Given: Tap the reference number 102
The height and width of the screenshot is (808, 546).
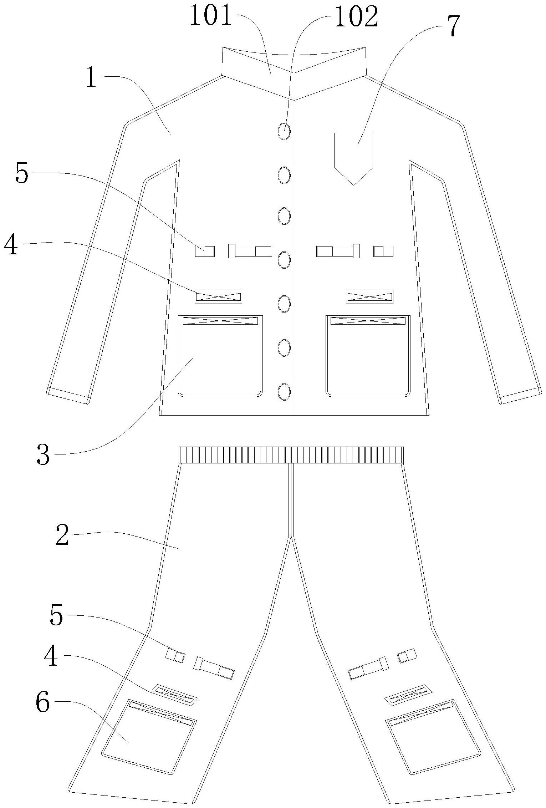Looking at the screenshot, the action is click(356, 17).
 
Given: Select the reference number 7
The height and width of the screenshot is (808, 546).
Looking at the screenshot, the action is click(452, 26).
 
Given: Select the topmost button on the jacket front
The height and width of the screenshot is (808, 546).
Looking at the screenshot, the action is click(284, 131).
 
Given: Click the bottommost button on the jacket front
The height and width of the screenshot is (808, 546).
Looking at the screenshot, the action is click(284, 391).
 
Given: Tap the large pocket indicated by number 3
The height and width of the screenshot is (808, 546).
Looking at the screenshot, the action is click(220, 357).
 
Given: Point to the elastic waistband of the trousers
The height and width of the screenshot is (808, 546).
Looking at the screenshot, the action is click(291, 455).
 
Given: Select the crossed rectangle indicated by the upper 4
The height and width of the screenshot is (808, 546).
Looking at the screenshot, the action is click(218, 296).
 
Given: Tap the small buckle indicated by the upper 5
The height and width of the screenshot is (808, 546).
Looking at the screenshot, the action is click(205, 251).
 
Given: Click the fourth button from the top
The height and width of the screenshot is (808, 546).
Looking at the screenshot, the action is click(284, 260).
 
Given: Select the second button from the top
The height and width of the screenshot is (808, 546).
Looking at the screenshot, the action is click(284, 175).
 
